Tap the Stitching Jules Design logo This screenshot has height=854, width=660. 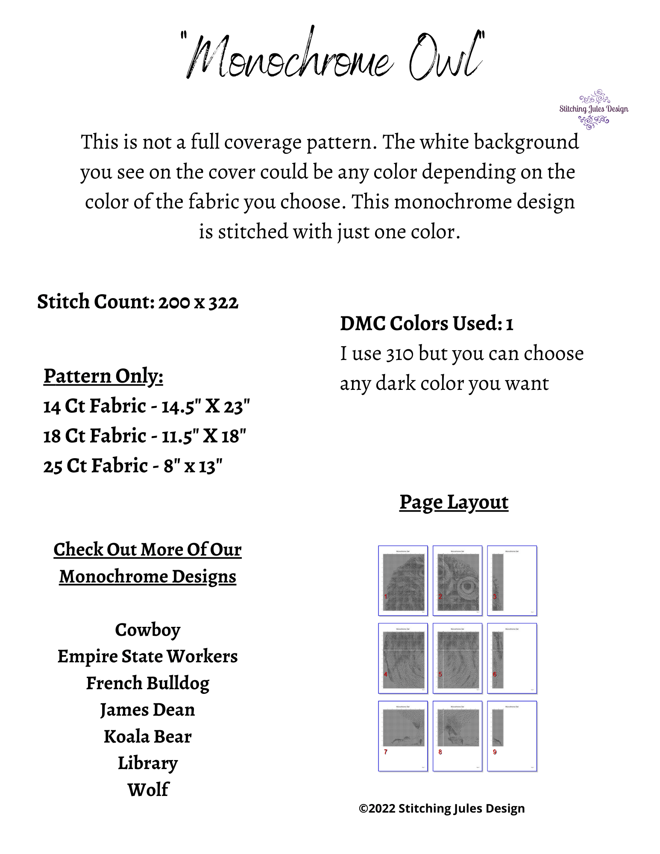point(593,109)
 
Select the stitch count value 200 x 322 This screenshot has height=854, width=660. point(198,302)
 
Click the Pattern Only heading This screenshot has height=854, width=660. point(103,376)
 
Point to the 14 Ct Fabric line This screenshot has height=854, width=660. point(146,406)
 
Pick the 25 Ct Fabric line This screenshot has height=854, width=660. point(132,466)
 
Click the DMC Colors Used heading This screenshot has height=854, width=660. point(426,323)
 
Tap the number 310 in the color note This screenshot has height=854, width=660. point(400,354)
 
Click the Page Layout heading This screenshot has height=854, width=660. point(454,502)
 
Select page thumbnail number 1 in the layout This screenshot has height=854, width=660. point(403,581)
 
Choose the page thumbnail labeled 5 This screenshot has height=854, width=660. point(457,658)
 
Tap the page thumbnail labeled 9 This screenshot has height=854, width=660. point(512,736)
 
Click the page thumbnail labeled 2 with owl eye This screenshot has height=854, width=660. point(457,581)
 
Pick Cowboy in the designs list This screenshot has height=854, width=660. point(147,630)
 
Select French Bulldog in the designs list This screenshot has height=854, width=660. point(147,683)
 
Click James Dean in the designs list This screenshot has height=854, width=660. point(147,710)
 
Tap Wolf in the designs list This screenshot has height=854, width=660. point(148,790)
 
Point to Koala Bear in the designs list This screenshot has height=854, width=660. point(147,737)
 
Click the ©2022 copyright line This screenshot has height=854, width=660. point(442,808)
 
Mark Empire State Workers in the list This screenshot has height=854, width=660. point(147,656)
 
